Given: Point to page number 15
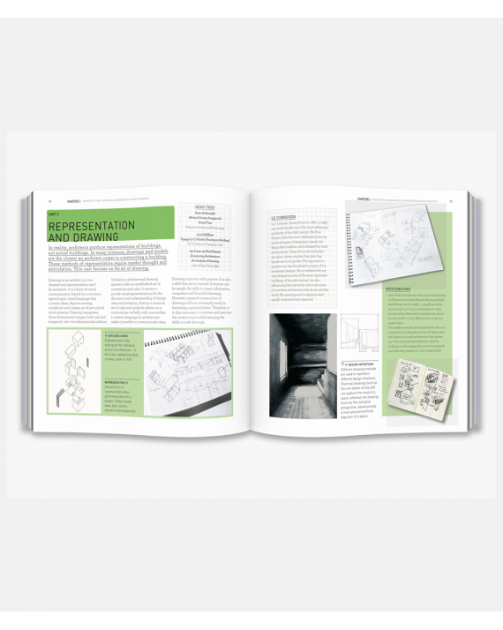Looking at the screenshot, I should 451,200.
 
